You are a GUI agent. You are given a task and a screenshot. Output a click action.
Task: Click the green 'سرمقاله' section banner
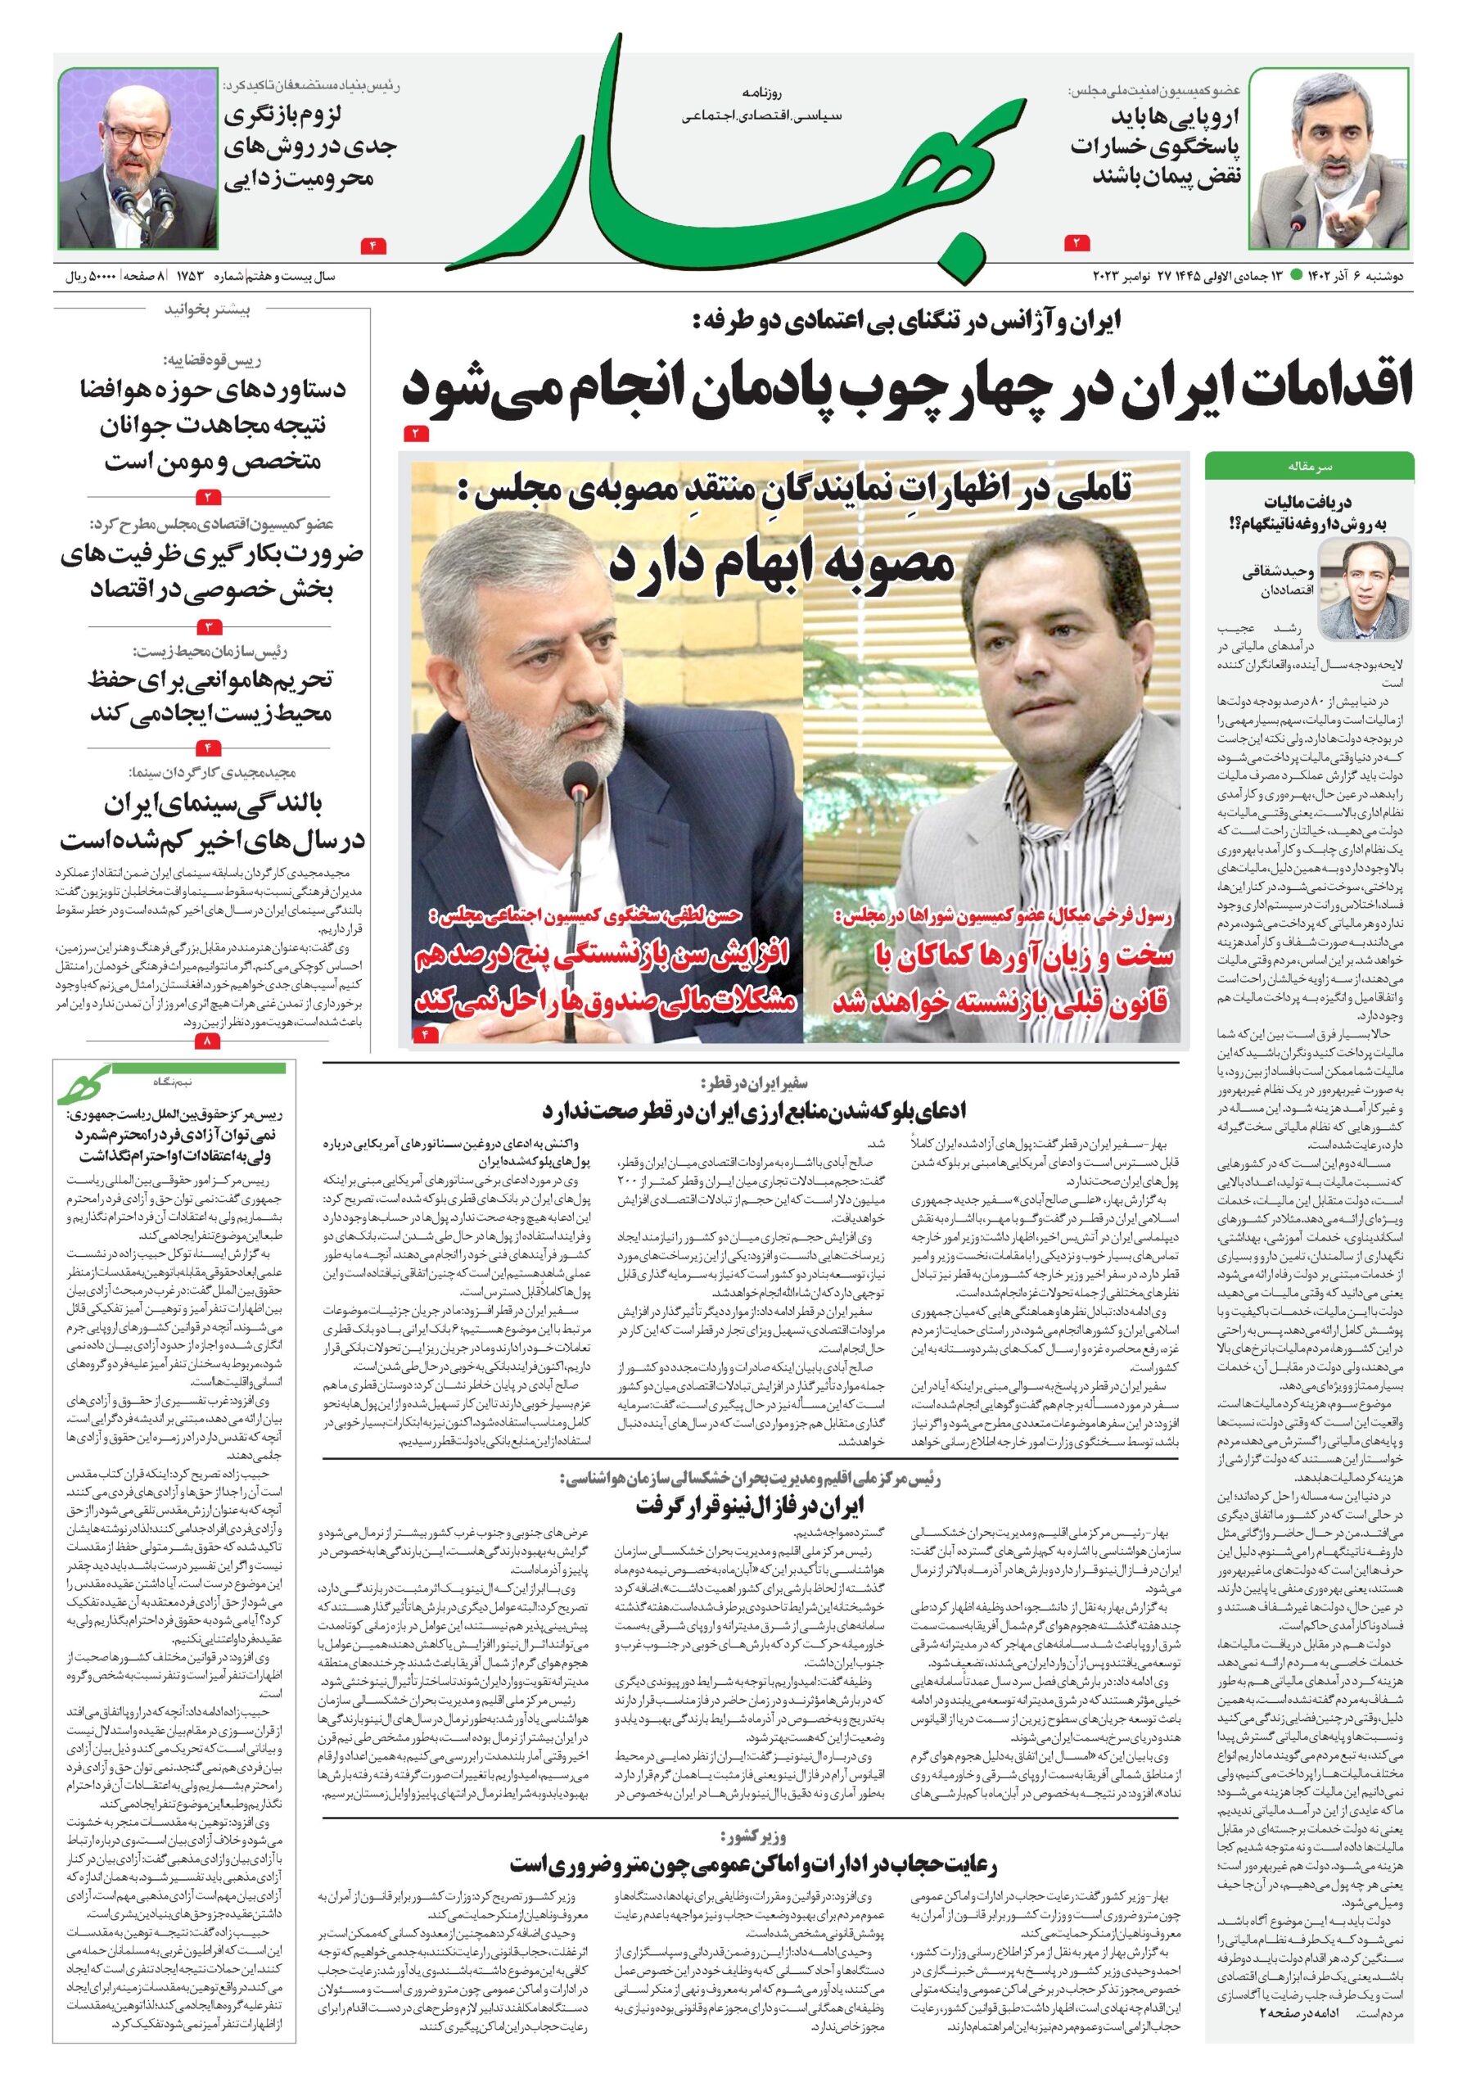pos(1308,466)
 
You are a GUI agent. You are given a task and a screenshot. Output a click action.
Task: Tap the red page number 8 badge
pos(208,1041)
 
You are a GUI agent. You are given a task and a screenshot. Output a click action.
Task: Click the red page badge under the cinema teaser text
pos(208,1041)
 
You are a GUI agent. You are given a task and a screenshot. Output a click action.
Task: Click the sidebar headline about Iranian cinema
pos(212,821)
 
